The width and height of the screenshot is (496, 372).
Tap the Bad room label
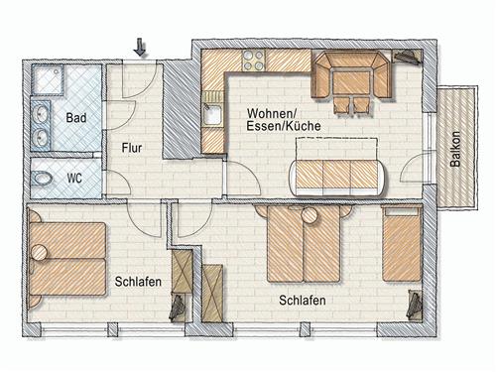[75, 118]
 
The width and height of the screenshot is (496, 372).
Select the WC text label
[74, 179]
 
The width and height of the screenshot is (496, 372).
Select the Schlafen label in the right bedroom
[303, 301]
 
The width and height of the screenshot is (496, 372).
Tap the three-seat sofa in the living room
[336, 174]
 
